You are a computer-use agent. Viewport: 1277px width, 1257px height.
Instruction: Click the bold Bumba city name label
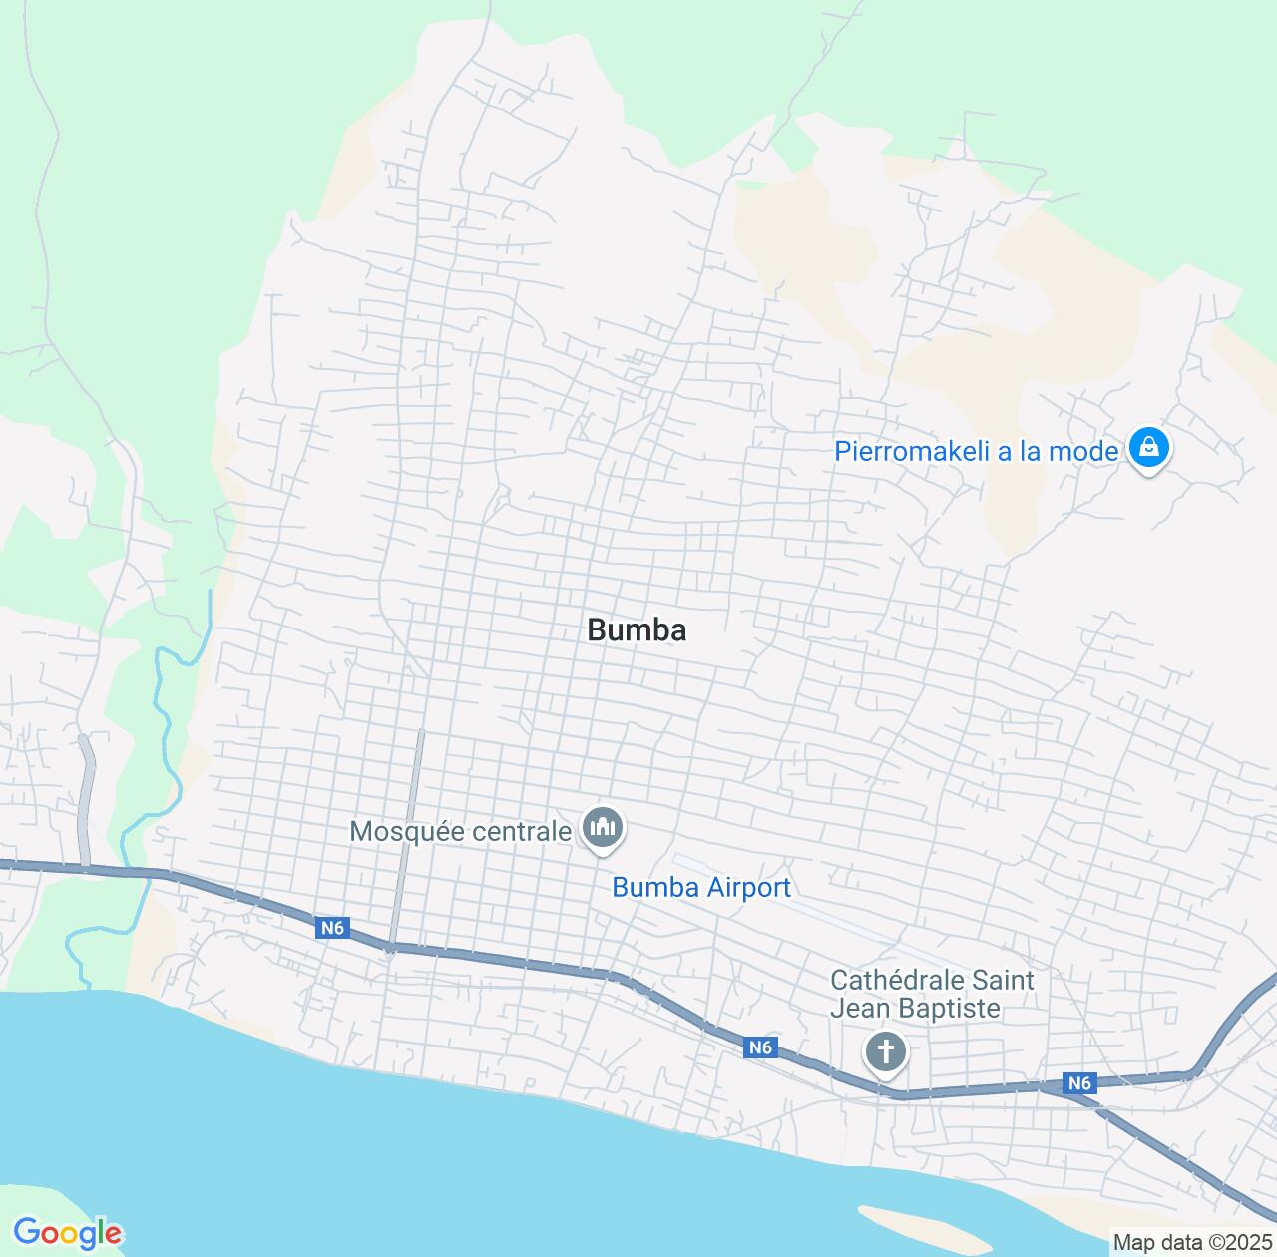637,630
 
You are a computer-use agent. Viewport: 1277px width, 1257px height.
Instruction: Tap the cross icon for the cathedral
885,1051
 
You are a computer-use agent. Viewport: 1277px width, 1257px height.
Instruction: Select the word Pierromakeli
912,451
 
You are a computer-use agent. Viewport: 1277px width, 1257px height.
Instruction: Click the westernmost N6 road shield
332,929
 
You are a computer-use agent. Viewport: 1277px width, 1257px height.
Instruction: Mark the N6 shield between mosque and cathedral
760,1047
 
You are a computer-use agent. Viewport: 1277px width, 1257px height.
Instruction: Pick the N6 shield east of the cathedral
1078,1083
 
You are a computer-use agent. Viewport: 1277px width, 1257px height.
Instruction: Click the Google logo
66,1233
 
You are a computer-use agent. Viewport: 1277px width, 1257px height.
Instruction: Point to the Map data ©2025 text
1191,1243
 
